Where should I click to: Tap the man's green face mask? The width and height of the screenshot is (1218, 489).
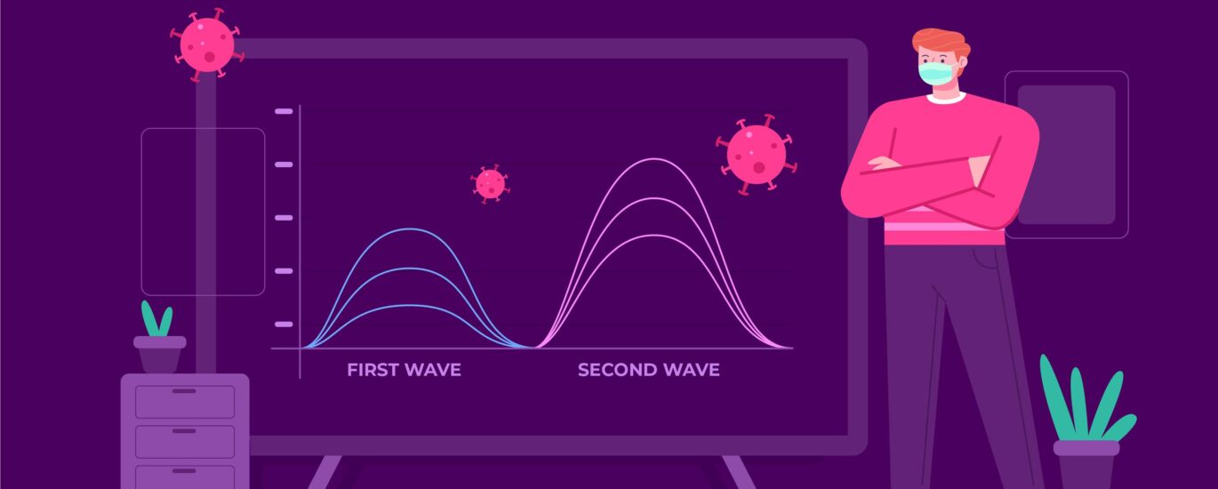[x=936, y=74]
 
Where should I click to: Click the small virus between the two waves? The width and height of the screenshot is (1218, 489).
[x=491, y=184]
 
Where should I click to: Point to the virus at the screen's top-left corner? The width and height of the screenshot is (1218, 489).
[x=206, y=44]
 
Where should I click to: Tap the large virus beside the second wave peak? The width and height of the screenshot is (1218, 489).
[x=757, y=155]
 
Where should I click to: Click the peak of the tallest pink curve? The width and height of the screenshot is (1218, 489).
[x=653, y=159]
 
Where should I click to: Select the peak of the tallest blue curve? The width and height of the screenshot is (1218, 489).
[x=410, y=229]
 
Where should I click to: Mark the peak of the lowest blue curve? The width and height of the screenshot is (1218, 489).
[x=410, y=305]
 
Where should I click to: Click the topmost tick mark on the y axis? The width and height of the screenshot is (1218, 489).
[x=284, y=111]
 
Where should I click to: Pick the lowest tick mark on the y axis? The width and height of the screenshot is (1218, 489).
[x=284, y=325]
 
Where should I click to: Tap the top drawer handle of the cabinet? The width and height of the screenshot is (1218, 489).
[x=184, y=391]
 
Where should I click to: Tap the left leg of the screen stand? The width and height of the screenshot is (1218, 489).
[x=325, y=471]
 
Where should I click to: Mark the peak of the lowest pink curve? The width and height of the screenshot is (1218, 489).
[x=653, y=236]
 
